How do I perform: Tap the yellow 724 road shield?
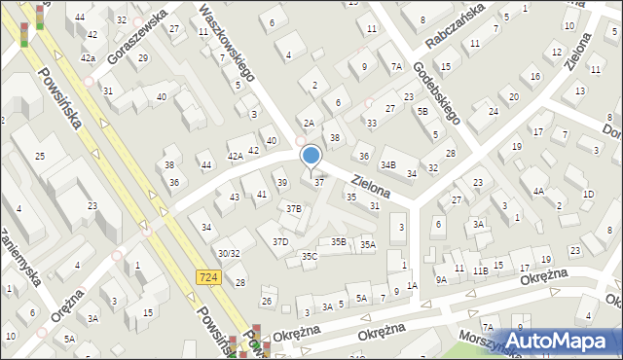(207, 277)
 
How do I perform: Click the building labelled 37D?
(280, 241)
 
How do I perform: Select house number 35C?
(310, 256)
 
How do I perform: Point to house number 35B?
(338, 241)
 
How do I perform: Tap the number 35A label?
(367, 245)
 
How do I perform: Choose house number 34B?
(388, 165)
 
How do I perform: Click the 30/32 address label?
(229, 253)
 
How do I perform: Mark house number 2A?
(309, 123)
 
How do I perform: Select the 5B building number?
(422, 111)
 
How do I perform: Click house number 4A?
(537, 192)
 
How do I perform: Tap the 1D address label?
(588, 194)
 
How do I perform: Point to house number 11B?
(480, 270)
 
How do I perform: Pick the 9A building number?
(441, 279)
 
